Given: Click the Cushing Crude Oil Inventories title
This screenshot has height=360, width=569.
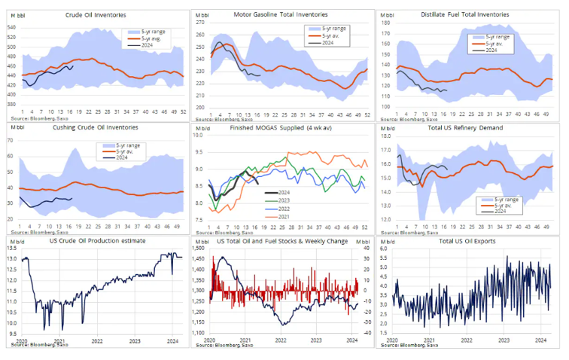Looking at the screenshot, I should (x=95, y=129).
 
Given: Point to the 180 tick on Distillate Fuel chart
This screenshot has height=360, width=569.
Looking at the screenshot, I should (x=385, y=23).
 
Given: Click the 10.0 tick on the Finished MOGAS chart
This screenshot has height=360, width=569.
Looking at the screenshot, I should (x=199, y=136).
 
